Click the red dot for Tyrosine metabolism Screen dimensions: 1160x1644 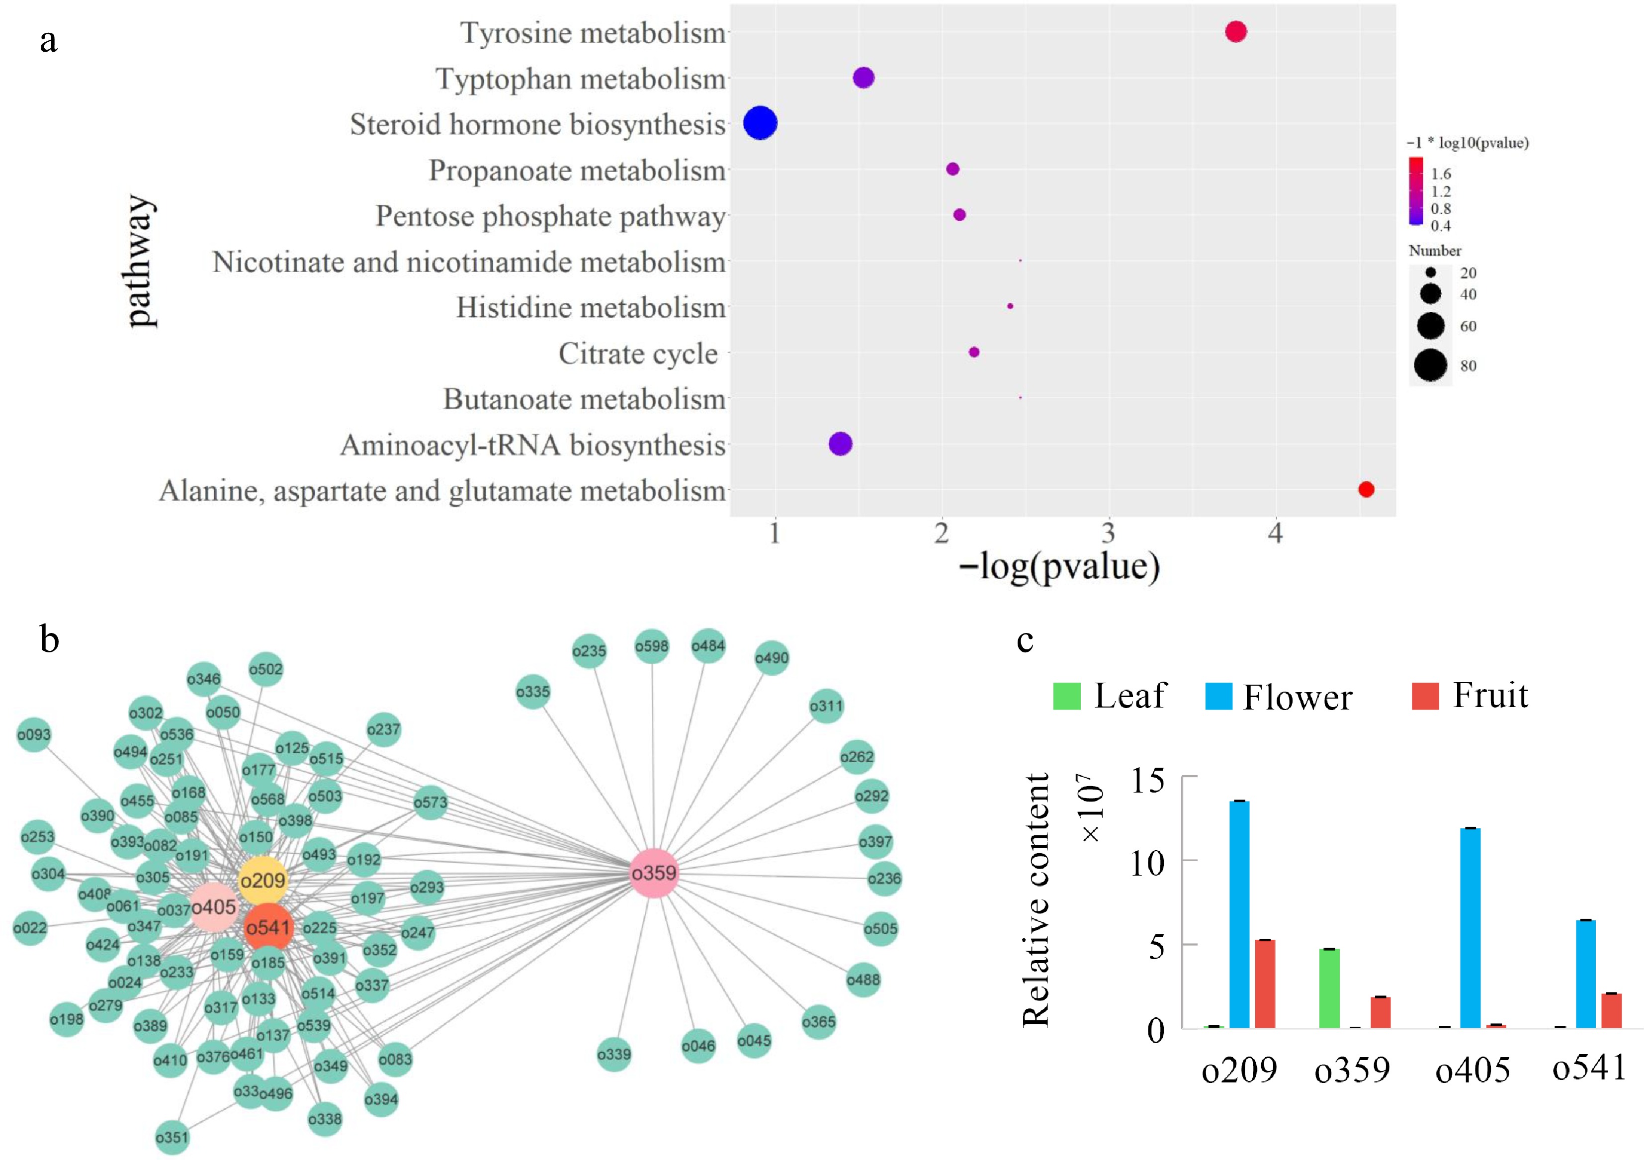tap(1236, 31)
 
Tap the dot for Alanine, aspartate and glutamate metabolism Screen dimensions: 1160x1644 tap(1366, 489)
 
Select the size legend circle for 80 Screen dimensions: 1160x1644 tap(1431, 366)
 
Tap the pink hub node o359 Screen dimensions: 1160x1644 tap(654, 873)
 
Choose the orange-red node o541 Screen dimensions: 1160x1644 tap(268, 927)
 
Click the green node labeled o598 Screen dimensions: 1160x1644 tap(652, 646)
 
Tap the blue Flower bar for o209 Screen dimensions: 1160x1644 tap(1239, 914)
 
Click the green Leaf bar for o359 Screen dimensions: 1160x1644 tap(1330, 988)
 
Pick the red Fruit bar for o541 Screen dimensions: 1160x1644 tap(1612, 1010)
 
